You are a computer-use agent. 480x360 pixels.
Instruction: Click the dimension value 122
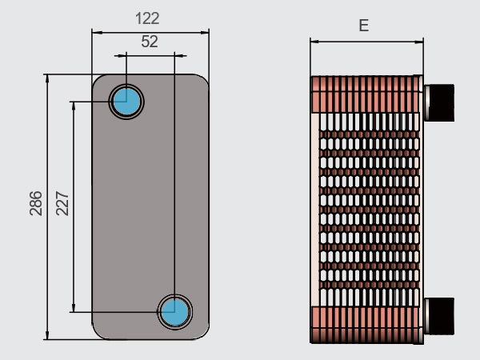pos(147,18)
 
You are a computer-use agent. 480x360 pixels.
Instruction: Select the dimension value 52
pos(150,42)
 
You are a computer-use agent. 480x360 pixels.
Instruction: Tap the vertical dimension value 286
pos(36,203)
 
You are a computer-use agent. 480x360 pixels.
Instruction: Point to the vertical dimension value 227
pos(62,203)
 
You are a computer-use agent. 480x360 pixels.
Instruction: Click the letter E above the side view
pos(364,26)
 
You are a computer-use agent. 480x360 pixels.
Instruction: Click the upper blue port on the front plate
pos(126,102)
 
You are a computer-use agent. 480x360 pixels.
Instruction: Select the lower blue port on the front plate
pos(175,312)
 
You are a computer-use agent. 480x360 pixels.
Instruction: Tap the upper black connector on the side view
pos(440,102)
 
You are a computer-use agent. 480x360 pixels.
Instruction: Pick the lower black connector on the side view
pos(440,316)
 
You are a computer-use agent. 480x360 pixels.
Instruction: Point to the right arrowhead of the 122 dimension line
pos(205,32)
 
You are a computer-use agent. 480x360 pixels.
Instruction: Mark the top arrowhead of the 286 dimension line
pos(47,78)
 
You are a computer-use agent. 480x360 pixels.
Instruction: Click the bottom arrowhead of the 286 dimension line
pos(47,335)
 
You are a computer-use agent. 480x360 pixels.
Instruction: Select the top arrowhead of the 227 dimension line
pos(74,106)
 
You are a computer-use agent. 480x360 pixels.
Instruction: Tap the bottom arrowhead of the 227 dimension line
pos(74,308)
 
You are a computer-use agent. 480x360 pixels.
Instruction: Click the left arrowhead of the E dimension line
pos(314,42)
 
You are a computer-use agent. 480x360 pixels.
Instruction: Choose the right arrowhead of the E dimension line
pos(419,42)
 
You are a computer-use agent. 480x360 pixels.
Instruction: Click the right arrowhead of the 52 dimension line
pos(182,56)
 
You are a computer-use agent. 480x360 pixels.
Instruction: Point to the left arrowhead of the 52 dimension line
pos(118,56)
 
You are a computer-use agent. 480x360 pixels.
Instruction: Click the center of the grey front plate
pos(150,207)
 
